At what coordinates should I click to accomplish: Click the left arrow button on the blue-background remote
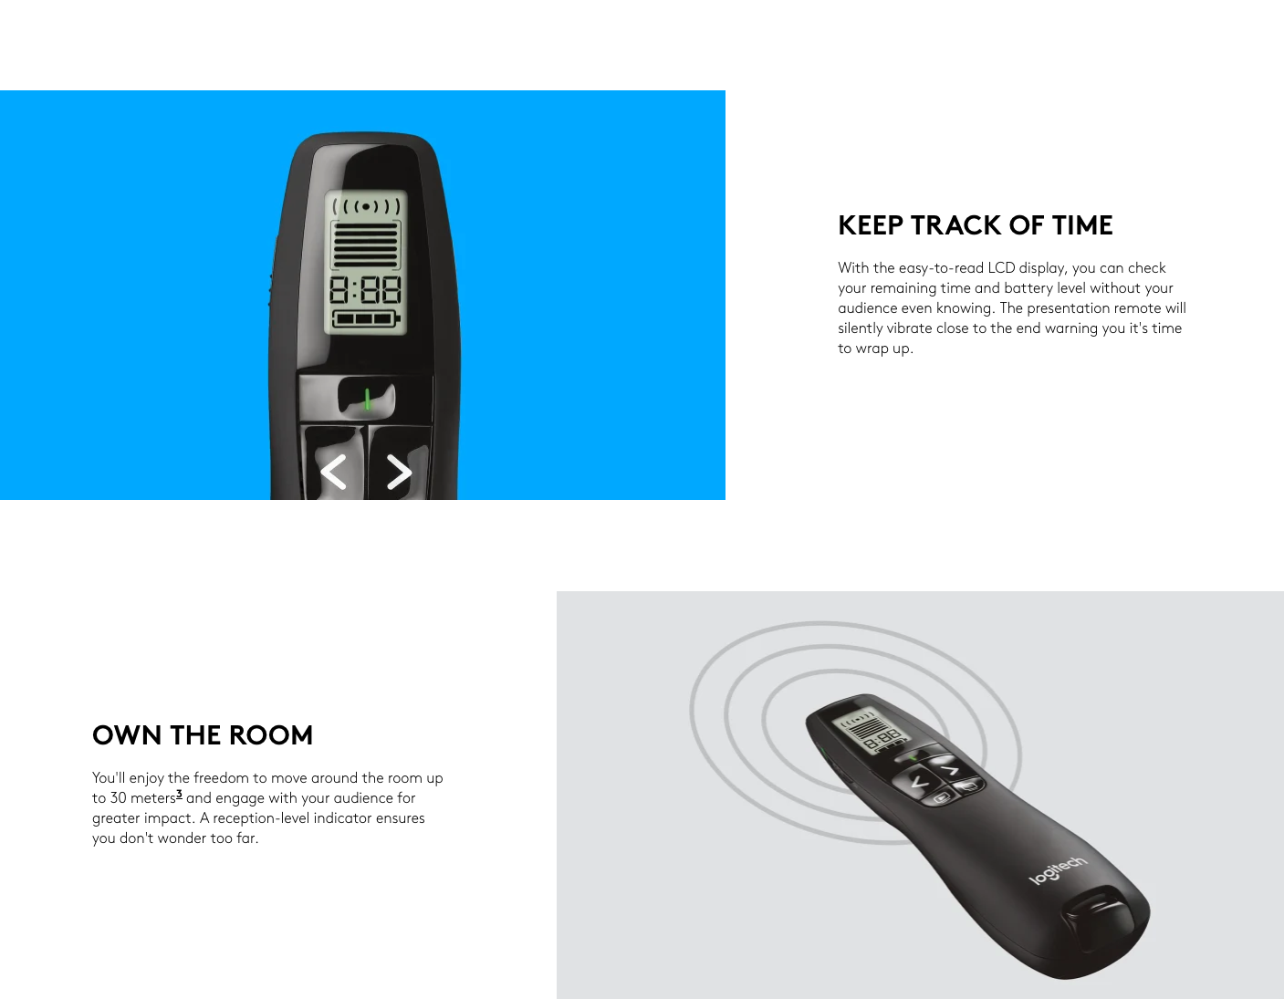(333, 466)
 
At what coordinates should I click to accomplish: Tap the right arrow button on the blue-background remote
(400, 466)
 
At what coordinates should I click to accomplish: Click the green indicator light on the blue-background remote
(368, 399)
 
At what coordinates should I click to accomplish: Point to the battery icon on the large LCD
(366, 318)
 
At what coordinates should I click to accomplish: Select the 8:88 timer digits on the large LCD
(365, 290)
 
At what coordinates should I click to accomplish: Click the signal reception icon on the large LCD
(366, 207)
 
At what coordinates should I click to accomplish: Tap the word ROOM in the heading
(270, 735)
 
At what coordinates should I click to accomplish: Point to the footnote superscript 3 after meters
(179, 794)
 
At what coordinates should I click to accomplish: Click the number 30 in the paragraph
(118, 798)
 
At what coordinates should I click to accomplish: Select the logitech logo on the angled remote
(1058, 870)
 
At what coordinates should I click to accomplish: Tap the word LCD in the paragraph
(1001, 268)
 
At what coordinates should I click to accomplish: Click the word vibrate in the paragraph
(909, 328)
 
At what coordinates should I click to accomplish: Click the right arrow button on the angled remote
(949, 769)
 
